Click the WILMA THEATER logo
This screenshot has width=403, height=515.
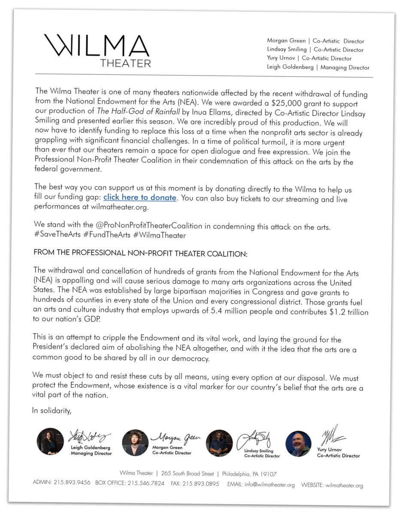(97, 50)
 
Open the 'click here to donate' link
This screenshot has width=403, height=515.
(140, 198)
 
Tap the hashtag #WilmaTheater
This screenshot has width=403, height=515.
(160, 236)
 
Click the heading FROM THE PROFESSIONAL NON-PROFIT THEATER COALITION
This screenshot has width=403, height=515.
(140, 254)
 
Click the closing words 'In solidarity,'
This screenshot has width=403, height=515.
(52, 411)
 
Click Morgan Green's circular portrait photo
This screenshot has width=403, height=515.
(135, 443)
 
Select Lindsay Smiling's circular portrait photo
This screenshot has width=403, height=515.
(219, 443)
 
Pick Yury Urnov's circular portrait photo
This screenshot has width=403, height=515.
(298, 444)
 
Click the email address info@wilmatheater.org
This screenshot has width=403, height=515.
(270, 485)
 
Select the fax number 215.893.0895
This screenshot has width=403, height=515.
(200, 484)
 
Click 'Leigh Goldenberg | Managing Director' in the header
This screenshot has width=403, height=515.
(318, 67)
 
